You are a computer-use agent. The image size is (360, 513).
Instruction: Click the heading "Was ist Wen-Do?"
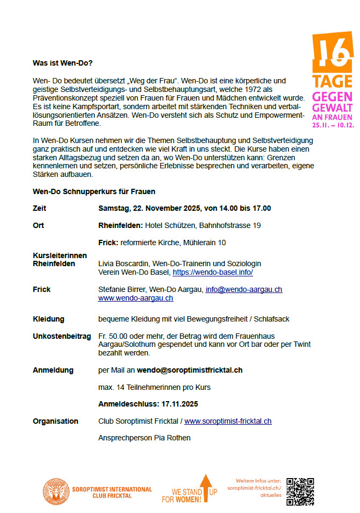pos(62,63)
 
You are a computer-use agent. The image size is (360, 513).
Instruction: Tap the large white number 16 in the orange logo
pos(333,53)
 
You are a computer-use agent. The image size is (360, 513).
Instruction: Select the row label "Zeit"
pos(40,208)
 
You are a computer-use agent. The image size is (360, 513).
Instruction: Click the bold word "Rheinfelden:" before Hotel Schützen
pos(121,225)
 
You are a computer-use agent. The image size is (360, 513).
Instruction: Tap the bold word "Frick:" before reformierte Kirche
pos(109,243)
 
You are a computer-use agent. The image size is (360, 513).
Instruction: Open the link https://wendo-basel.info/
pos(213,272)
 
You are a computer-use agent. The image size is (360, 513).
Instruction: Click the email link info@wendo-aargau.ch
pos(244,289)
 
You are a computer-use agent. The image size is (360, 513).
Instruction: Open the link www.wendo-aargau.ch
pos(135,298)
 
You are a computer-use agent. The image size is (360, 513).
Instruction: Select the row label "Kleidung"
pos(48,319)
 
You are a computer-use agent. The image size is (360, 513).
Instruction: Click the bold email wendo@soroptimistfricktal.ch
pos(189,370)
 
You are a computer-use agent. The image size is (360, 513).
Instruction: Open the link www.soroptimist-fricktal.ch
pos(228,421)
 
